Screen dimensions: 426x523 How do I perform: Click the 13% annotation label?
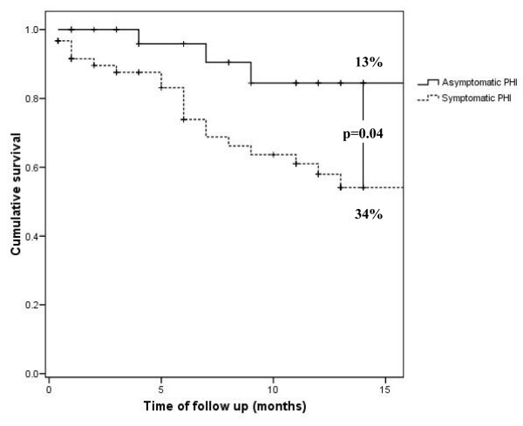[362, 61]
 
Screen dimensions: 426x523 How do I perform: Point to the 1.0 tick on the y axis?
[31, 30]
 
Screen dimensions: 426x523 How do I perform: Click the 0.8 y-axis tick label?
[31, 98]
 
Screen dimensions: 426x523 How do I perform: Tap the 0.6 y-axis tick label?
[31, 167]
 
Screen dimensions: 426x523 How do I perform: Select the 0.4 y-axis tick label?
[31, 236]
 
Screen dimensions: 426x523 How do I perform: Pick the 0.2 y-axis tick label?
[31, 305]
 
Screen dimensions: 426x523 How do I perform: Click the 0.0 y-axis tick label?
[31, 374]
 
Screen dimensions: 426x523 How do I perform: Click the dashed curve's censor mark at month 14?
[363, 187]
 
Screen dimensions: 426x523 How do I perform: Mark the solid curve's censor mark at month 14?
[363, 83]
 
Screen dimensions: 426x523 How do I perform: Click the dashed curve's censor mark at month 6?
[183, 118]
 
